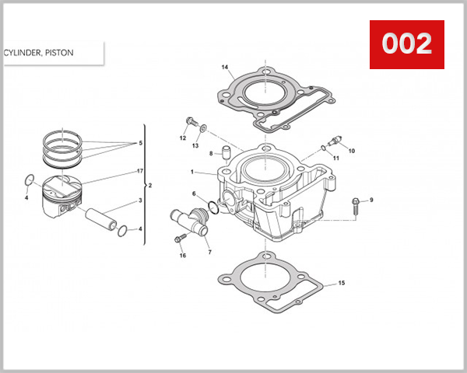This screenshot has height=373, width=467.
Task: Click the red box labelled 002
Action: point(406,44)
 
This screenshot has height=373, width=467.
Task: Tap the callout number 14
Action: point(225,68)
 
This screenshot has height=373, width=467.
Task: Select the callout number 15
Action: point(340,283)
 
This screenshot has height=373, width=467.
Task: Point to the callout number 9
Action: point(371,200)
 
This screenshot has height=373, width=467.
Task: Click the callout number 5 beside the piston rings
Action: point(140,144)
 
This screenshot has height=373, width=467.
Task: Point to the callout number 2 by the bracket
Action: point(149,186)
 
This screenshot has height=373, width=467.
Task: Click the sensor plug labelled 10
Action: point(336,141)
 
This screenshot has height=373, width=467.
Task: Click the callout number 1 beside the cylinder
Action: point(191,171)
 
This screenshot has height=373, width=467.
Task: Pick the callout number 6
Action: point(194,193)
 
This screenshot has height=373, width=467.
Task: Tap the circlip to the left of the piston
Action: point(29,182)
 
